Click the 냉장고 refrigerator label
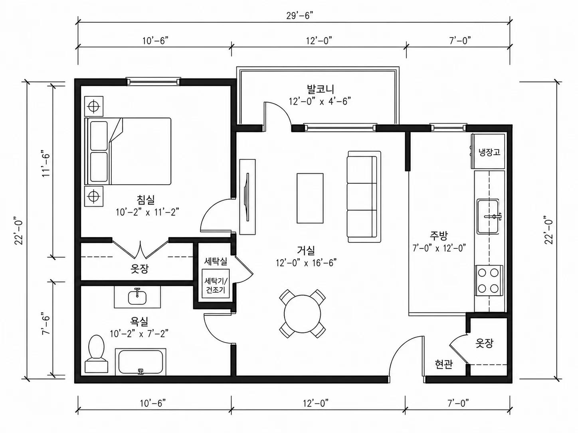(489, 152)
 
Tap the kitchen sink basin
(488, 216)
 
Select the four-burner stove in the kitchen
(489, 281)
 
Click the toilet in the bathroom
(96, 354)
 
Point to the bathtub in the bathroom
(141, 362)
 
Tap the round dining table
(303, 314)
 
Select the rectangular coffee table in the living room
(310, 198)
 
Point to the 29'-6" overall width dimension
(300, 16)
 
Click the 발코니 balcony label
(320, 89)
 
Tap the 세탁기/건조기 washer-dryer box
(216, 283)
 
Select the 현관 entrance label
(444, 364)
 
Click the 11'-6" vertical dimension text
(46, 163)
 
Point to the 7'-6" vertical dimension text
(46, 323)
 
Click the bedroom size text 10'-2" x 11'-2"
(147, 212)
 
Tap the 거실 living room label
(306, 250)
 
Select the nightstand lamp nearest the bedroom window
(93, 106)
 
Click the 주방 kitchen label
(439, 235)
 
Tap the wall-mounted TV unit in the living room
(247, 197)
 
